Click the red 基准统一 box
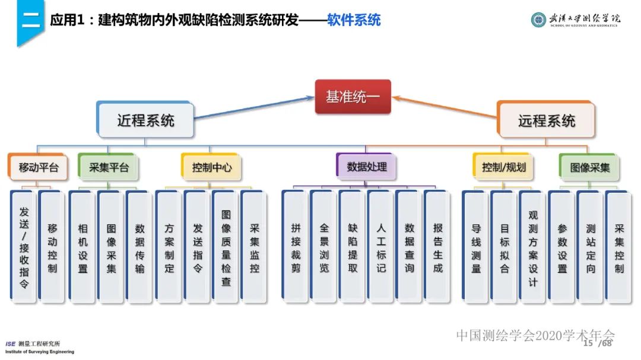point(353,97)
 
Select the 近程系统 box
point(145,120)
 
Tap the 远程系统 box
point(546,120)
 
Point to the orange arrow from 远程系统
point(445,107)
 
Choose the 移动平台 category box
point(39,167)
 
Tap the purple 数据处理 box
point(367,167)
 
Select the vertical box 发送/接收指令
point(24,246)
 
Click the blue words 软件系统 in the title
point(354,20)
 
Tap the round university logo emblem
point(538,20)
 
